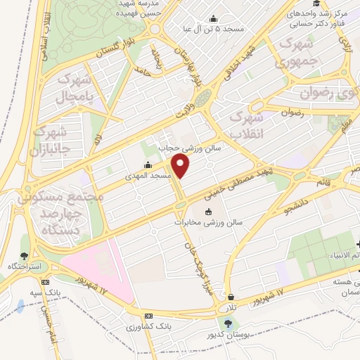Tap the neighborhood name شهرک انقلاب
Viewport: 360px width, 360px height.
click(249, 117)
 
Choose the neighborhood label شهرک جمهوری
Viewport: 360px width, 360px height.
click(299, 53)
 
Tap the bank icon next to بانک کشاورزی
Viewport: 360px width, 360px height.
click(148, 316)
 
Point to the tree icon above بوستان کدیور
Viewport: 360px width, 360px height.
click(227, 323)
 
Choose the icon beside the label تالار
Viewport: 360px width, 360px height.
click(231, 297)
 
